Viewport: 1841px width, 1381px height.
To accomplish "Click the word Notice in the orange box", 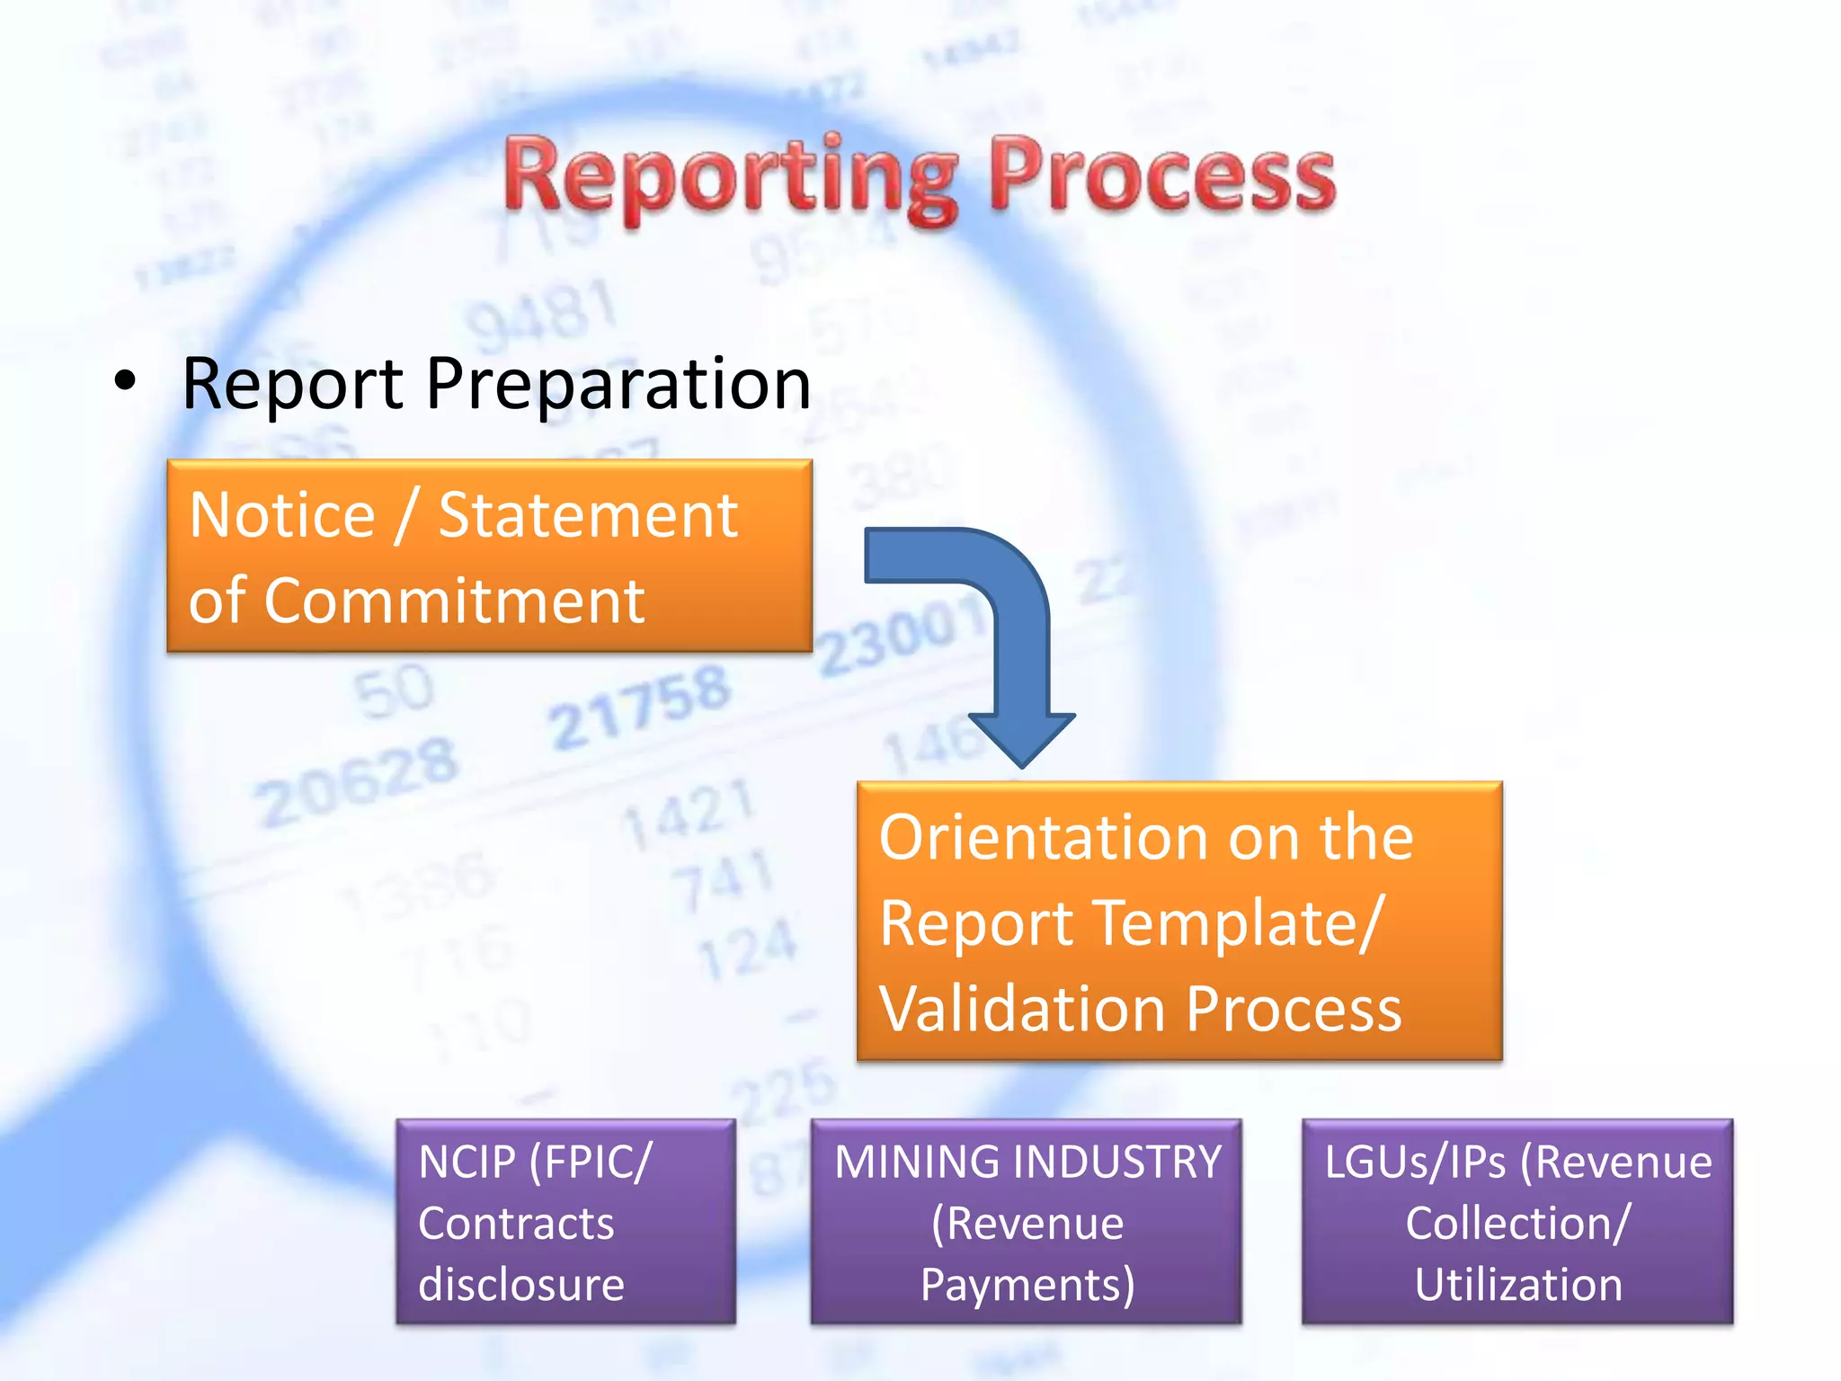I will [282, 516].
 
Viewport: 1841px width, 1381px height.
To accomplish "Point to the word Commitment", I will [454, 601].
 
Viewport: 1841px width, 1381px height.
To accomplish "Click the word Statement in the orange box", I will [588, 516].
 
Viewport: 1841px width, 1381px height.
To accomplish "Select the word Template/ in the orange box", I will [1239, 924].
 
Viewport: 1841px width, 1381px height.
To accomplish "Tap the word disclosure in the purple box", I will [521, 1284].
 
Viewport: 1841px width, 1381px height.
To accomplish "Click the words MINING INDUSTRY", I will [1027, 1162].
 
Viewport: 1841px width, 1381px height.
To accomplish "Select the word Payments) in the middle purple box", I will [1027, 1284].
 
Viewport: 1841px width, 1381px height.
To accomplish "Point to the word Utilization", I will [1518, 1284].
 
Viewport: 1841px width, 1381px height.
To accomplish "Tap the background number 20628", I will [357, 782].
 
